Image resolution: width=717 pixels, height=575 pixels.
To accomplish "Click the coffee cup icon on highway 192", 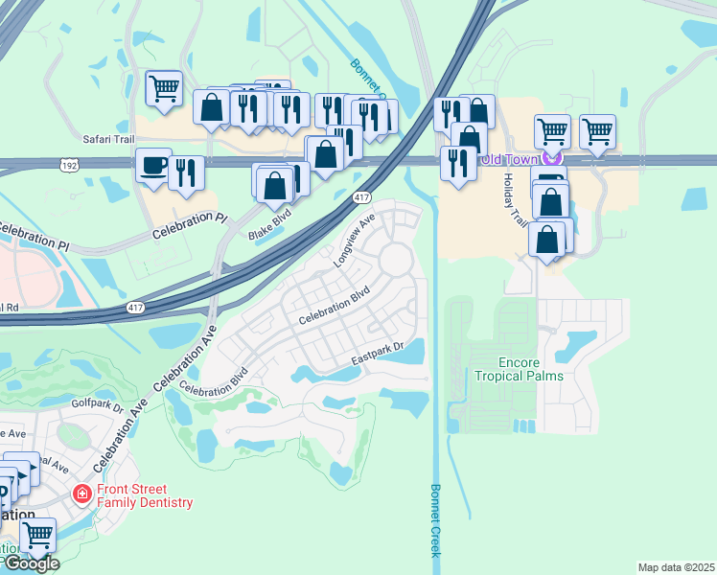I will point(153,165).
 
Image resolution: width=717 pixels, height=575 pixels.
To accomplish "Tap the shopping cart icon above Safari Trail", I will point(164,88).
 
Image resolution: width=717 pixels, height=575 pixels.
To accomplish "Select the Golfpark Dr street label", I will point(98,404).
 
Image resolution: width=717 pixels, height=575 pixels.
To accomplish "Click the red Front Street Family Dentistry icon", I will point(83,494).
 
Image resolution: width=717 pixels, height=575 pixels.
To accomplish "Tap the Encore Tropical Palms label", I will point(519,369).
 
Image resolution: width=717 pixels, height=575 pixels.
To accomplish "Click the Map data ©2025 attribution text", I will point(676,567).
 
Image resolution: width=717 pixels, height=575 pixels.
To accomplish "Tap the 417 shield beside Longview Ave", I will point(361,197).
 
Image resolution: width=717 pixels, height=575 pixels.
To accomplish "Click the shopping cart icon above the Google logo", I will point(37,535).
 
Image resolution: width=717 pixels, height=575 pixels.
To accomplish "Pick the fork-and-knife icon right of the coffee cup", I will point(186,172).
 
